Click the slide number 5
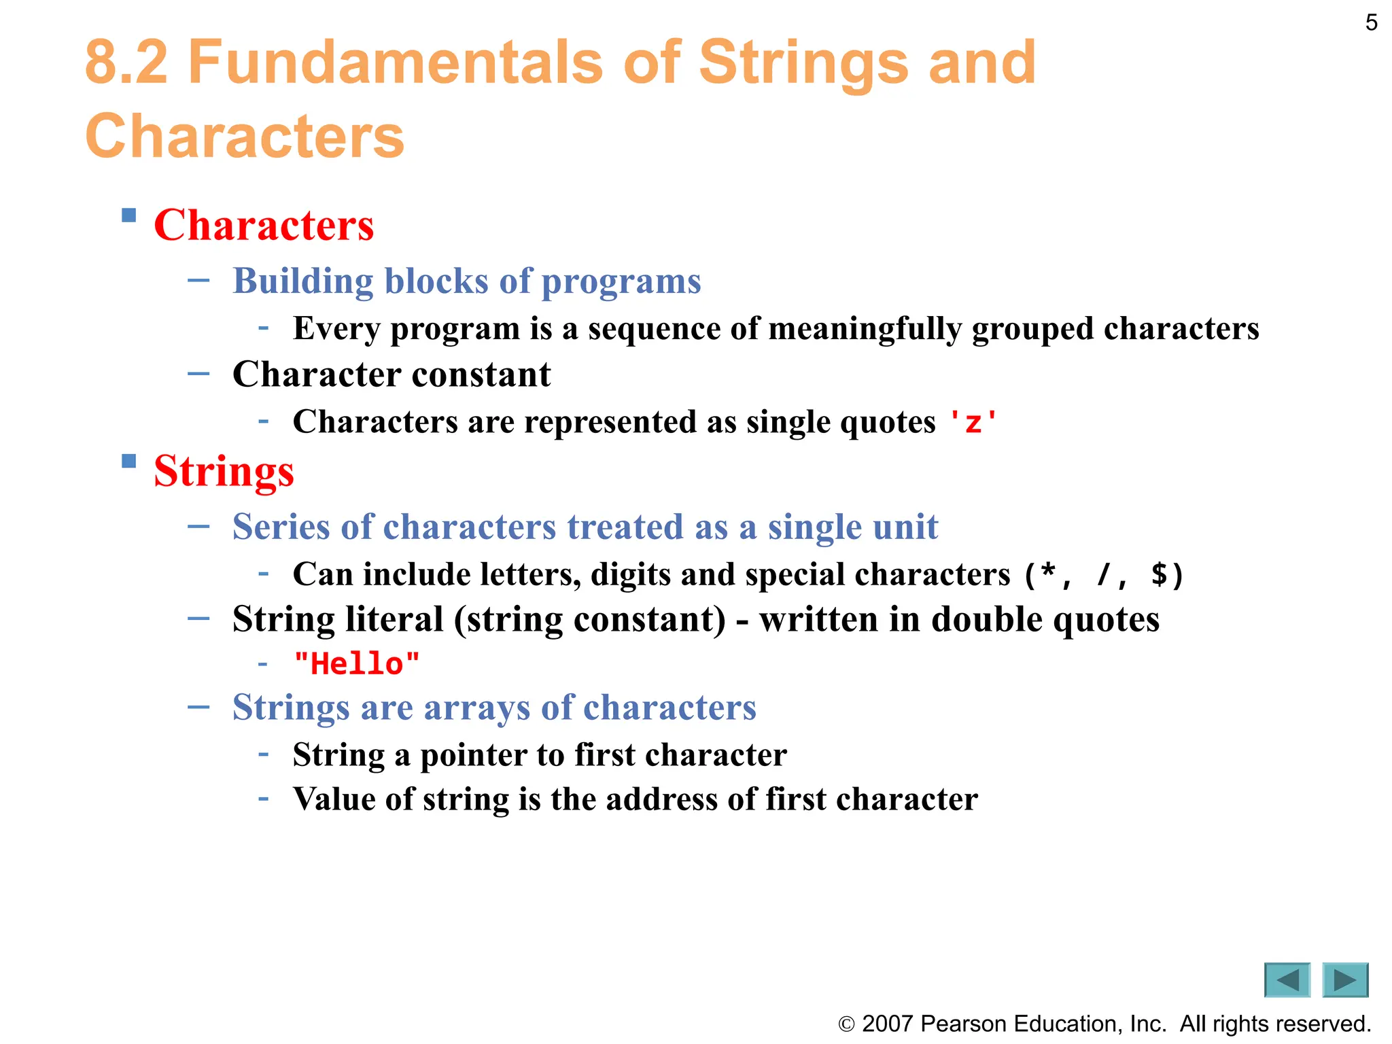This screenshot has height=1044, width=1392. (x=1371, y=23)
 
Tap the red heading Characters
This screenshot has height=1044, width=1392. (x=264, y=225)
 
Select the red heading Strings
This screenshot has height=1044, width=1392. (x=224, y=470)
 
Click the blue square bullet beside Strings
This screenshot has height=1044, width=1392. (x=128, y=462)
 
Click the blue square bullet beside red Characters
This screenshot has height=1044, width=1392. (x=128, y=215)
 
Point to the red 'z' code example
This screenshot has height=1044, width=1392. (x=973, y=422)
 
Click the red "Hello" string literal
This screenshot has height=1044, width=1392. (x=356, y=663)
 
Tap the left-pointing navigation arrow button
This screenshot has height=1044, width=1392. (x=1287, y=980)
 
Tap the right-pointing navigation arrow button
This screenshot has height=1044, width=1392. (x=1345, y=980)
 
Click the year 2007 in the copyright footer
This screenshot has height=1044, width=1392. (x=887, y=1024)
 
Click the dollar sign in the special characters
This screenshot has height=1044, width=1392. (x=1160, y=574)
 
